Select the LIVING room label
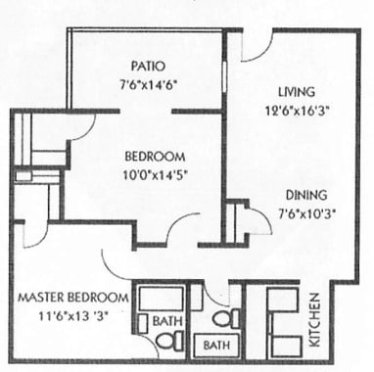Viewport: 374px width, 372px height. [x=287, y=90]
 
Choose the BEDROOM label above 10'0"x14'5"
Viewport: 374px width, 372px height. [x=155, y=157]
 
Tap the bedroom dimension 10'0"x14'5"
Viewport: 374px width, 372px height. [x=154, y=176]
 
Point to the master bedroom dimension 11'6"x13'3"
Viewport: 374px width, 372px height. [x=71, y=316]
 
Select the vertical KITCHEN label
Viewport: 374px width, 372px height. [x=315, y=319]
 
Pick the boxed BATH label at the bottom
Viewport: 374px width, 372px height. [x=216, y=345]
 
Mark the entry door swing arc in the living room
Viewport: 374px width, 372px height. [x=257, y=47]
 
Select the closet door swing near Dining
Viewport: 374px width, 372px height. [x=257, y=221]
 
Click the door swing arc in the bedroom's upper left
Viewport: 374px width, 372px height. [x=81, y=125]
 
